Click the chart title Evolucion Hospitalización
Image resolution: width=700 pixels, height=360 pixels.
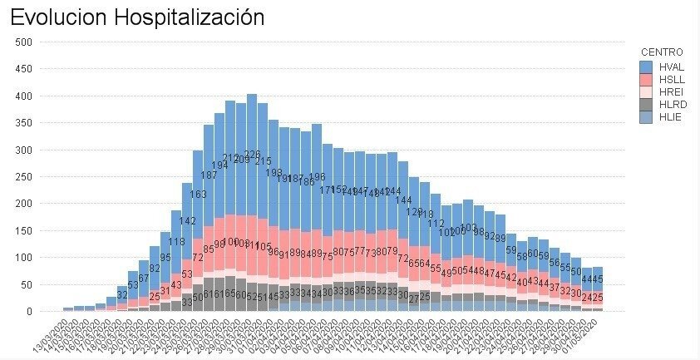(x=137, y=17)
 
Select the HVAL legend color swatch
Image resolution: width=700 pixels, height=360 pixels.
(x=646, y=65)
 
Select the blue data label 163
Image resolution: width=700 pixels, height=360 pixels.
(x=198, y=195)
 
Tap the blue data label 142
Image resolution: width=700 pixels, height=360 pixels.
(x=187, y=221)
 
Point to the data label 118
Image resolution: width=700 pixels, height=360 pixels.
(x=176, y=243)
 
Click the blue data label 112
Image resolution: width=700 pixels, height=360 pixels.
(x=436, y=224)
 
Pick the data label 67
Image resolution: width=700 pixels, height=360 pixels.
(x=144, y=278)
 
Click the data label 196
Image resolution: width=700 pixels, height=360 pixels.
(x=317, y=177)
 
